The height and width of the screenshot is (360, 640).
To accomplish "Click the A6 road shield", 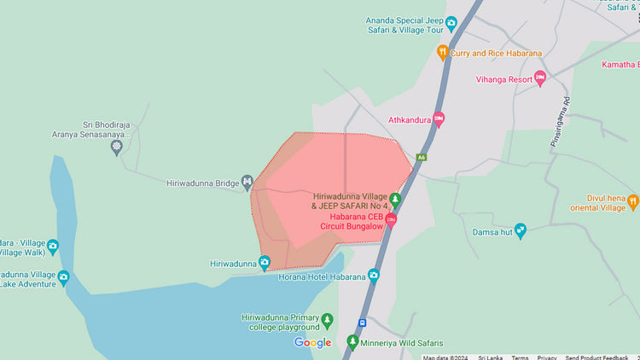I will tap(421, 157).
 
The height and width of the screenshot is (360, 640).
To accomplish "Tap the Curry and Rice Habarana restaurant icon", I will tap(442, 52).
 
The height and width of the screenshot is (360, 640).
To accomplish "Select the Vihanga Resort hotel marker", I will tap(539, 78).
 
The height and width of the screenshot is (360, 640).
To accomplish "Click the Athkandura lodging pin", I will tap(439, 119).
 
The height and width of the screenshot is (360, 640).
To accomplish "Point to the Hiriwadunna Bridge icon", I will tap(247, 182).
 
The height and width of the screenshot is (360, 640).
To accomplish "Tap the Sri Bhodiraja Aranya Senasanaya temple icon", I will tap(117, 148).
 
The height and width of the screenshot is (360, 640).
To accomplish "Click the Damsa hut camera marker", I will tap(521, 230).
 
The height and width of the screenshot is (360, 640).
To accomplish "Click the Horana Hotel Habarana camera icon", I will tap(373, 276).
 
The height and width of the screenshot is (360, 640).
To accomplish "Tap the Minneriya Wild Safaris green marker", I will tap(352, 342).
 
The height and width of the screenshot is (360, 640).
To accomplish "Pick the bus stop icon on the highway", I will tap(363, 322).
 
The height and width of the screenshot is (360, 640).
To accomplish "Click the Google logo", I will tap(312, 342).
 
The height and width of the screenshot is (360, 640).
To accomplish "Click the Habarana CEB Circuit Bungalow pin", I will tap(391, 220).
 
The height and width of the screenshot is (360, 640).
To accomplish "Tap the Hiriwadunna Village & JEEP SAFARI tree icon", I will tap(394, 200).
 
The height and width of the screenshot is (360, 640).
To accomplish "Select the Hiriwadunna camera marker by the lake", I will tap(265, 263).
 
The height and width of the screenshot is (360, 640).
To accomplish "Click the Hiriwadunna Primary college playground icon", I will tap(327, 321).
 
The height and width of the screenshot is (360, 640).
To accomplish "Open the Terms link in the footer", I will tap(520, 357).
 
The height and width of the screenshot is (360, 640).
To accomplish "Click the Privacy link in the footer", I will tap(547, 357).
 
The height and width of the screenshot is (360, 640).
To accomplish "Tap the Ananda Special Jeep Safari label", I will tap(405, 25).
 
